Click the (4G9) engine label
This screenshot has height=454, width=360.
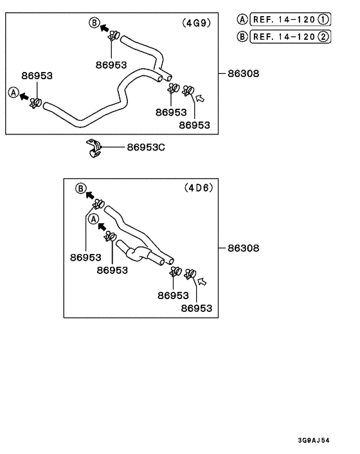click(197, 23)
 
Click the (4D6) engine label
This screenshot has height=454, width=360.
click(199, 188)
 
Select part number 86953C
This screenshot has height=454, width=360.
click(146, 147)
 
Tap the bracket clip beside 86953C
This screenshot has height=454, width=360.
click(93, 149)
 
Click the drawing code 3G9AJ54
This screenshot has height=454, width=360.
click(314, 440)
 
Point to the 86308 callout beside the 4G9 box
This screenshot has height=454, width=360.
click(244, 73)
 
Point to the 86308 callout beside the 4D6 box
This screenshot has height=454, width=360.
click(244, 248)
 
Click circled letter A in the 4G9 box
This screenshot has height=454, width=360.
click(14, 93)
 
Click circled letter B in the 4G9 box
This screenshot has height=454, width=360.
click(94, 23)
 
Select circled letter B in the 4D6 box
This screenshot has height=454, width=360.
click(81, 188)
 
